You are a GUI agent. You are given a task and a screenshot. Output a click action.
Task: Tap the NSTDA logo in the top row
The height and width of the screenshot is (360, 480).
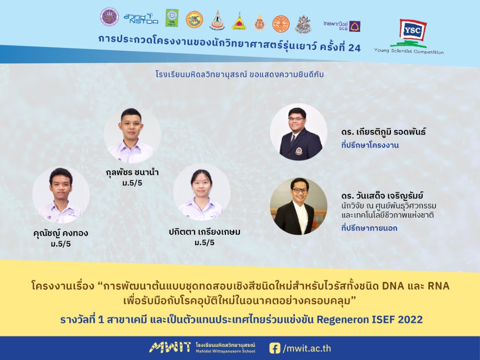[141, 19]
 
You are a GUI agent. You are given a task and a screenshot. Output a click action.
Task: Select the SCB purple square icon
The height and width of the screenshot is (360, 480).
[355, 26]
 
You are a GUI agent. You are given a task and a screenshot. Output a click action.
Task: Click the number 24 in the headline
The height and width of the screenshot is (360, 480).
[354, 48]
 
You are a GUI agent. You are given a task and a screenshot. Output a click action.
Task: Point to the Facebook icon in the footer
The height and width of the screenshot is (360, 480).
[275, 348]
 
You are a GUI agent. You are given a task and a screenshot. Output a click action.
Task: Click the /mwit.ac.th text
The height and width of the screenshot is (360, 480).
[307, 348]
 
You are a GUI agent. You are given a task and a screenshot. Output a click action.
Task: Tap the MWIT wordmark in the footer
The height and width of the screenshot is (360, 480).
[170, 347]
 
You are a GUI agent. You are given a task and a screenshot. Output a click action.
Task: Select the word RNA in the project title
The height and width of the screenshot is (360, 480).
[438, 286]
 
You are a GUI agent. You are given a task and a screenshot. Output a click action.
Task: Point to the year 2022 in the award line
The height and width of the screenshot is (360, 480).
[410, 320]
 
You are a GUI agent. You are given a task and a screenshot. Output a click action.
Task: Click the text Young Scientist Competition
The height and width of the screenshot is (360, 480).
[409, 52]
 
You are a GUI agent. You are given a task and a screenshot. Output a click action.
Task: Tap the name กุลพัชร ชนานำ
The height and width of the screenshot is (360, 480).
[132, 172]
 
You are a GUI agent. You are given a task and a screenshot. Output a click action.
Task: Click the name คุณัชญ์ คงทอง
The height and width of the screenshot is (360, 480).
[60, 233]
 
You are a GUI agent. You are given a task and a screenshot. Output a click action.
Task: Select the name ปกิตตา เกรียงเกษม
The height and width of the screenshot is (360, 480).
[204, 232]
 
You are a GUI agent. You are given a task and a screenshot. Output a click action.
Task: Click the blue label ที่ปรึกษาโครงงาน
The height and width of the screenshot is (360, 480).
[370, 145]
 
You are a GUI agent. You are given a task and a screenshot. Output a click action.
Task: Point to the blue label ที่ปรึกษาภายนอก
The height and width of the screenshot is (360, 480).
[369, 228]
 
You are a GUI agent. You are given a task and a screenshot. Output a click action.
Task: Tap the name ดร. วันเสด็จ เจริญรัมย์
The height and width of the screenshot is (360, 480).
[382, 195]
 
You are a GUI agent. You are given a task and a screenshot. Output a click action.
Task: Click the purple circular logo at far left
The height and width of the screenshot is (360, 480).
[109, 17]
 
